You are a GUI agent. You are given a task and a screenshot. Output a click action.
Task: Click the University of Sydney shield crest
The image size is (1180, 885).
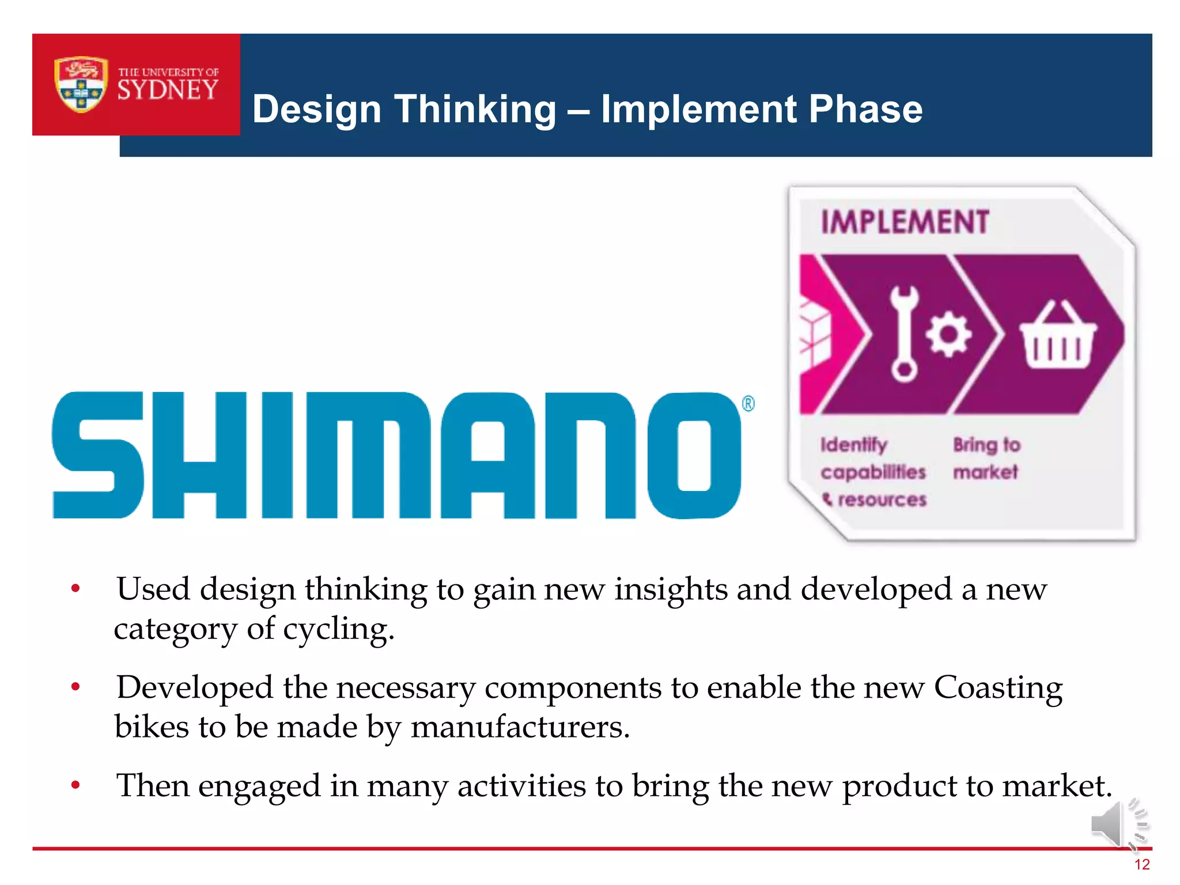point(81,84)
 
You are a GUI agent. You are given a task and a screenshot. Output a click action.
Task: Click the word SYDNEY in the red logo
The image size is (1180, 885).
point(168,90)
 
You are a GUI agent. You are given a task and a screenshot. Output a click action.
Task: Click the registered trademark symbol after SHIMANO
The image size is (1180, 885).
point(748,403)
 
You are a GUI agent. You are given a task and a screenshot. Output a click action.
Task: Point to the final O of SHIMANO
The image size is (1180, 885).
point(694,455)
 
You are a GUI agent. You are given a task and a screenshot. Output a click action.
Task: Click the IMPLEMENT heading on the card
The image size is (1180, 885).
point(905,222)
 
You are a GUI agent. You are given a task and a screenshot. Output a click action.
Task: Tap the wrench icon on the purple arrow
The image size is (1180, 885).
point(903,334)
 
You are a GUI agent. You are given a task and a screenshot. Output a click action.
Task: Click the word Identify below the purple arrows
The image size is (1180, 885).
point(853,445)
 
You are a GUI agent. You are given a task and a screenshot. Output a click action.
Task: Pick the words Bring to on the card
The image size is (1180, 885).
point(986,445)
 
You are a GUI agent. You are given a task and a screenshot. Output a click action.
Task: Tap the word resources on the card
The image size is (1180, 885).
point(882,500)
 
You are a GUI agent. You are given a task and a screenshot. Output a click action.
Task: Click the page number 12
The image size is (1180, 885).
point(1141,865)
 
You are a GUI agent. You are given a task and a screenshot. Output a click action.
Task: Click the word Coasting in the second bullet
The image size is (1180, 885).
point(997,688)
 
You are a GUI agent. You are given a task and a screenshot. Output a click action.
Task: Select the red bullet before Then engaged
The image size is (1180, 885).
point(75,785)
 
